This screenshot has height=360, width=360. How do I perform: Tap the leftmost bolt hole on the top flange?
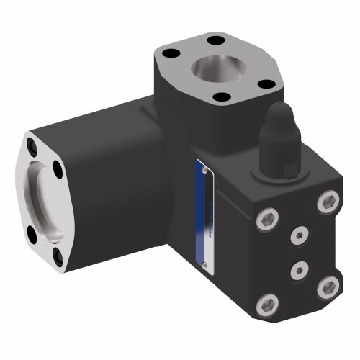[171, 53]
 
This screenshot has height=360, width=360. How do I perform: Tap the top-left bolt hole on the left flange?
[32, 148]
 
